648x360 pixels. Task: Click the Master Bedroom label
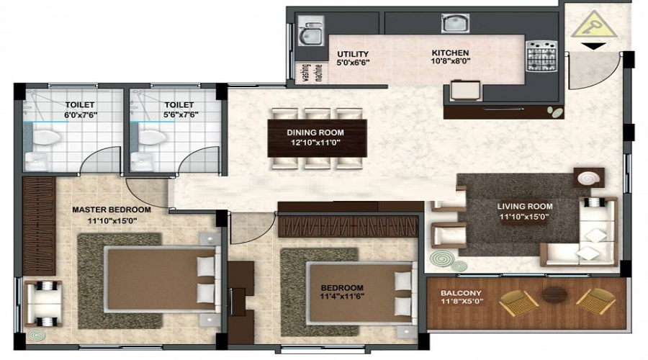click(x=111, y=210)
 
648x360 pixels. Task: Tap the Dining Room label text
click(x=315, y=132)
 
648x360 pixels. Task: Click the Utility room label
click(x=353, y=54)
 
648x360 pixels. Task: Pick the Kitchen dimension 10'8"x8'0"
click(x=450, y=63)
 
